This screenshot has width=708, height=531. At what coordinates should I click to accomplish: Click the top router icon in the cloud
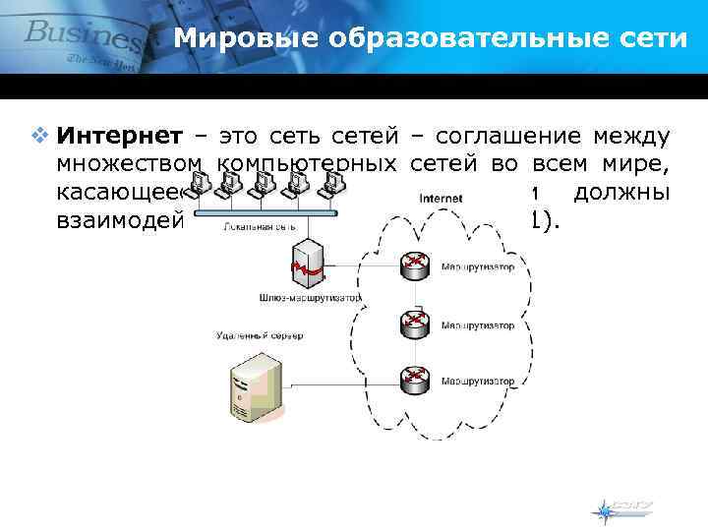[x=413, y=265]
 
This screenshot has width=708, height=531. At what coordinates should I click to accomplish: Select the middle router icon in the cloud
[x=413, y=323]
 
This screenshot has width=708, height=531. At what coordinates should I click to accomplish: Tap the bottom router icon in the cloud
[x=413, y=378]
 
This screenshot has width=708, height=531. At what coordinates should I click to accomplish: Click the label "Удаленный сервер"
[x=259, y=335]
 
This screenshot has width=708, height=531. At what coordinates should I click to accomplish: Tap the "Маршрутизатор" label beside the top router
[x=477, y=266]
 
